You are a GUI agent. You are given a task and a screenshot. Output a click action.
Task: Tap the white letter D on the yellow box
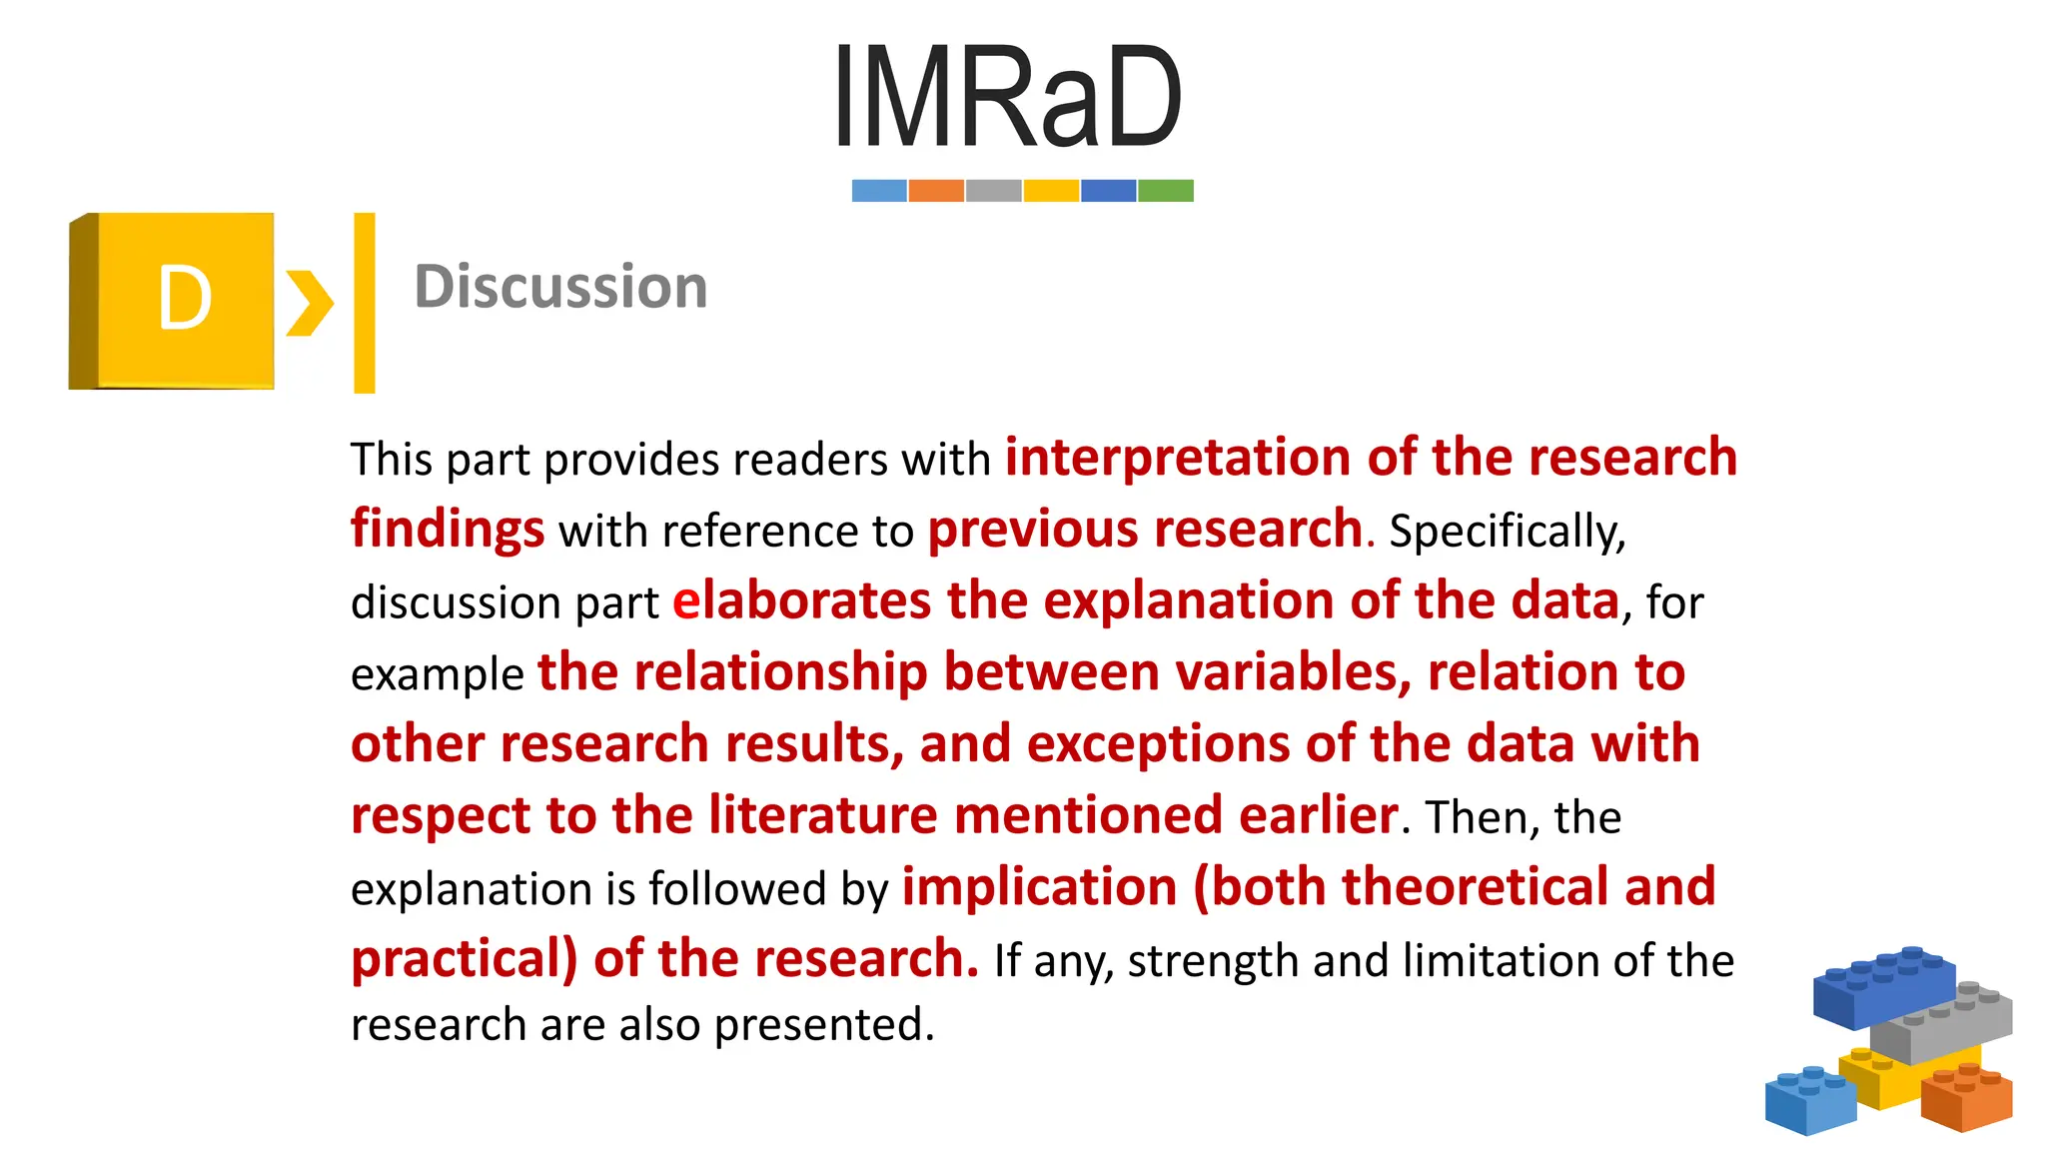[185, 299]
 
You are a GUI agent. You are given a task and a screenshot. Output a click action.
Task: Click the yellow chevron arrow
[309, 303]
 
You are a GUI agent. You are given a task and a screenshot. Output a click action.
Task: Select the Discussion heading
[560, 287]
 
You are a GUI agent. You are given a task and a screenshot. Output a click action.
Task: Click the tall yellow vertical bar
[365, 303]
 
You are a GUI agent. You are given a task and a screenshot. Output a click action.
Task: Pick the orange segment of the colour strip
[936, 191]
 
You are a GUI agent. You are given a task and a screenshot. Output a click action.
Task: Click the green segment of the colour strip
[1166, 191]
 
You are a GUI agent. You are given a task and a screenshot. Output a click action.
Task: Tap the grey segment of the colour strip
[994, 191]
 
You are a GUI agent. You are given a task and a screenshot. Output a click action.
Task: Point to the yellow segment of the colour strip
[1051, 191]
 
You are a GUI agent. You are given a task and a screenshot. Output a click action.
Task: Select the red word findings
[448, 530]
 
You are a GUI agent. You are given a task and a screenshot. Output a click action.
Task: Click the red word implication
[1039, 887]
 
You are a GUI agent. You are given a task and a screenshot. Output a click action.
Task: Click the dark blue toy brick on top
[1882, 986]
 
